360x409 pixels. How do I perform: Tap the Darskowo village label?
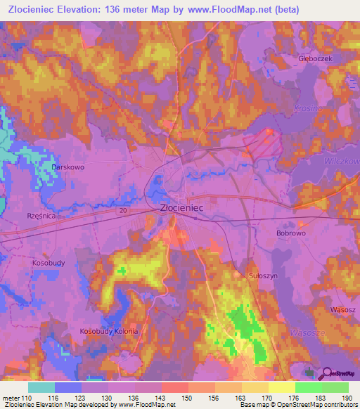(x=67, y=167)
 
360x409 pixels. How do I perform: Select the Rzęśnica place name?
(x=41, y=216)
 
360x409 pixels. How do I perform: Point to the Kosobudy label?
(x=48, y=262)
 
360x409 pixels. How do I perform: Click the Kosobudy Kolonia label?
(x=108, y=330)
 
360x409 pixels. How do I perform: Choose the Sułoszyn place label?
(x=264, y=276)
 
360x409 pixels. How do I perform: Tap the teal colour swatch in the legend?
(x=41, y=387)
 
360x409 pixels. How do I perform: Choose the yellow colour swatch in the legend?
(x=281, y=387)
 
